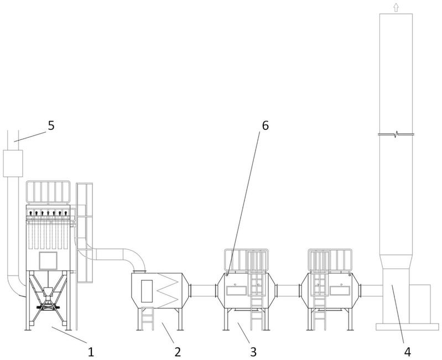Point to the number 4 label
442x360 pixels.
pos(408,349)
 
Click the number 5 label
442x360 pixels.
pos(51,125)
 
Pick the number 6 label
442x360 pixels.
pos(265,125)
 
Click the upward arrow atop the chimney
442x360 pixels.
pos(395,7)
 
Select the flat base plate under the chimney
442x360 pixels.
pos(403,326)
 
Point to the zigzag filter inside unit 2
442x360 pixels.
pos(168,290)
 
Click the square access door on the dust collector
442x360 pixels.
pos(48,260)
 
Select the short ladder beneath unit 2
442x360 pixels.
pos(147,319)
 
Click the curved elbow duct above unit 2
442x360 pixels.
pos(124,257)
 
